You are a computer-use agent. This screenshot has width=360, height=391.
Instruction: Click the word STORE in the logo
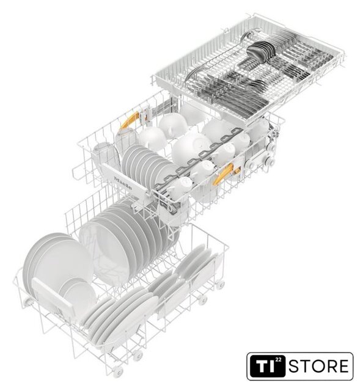(x=318, y=366)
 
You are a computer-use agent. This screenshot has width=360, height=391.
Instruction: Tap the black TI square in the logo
(x=267, y=366)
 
